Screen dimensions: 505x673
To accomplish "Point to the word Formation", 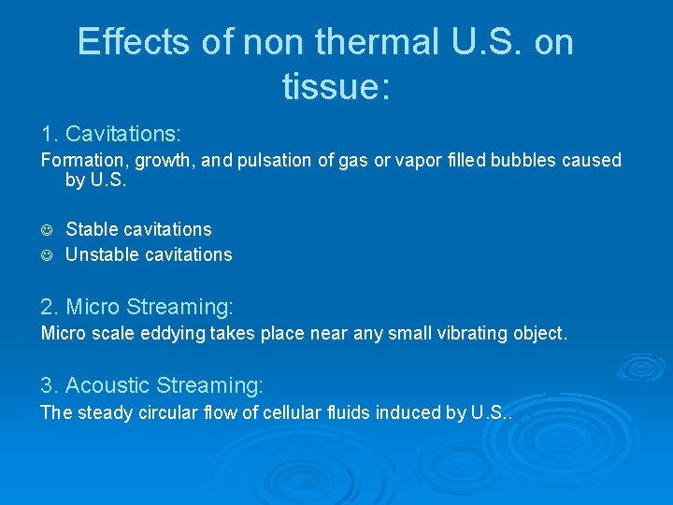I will [83, 160].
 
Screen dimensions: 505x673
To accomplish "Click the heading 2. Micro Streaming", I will [136, 306].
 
